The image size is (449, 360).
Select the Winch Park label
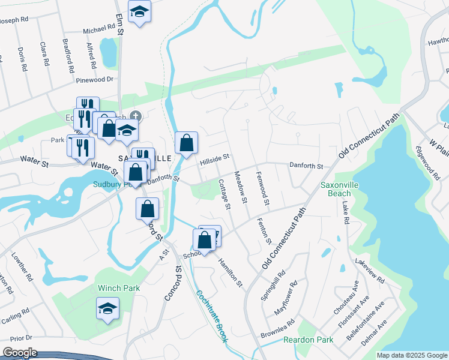click(119, 288)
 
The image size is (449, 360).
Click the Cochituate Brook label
click(211, 317)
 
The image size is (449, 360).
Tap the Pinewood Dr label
click(95, 79)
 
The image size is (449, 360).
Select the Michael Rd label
click(98, 29)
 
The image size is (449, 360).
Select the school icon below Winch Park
click(108, 309)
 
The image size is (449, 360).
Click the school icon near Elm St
click(139, 11)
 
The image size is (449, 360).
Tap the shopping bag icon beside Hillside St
click(186, 143)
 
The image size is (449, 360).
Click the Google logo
click(20, 353)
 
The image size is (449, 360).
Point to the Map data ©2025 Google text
click(412, 355)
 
